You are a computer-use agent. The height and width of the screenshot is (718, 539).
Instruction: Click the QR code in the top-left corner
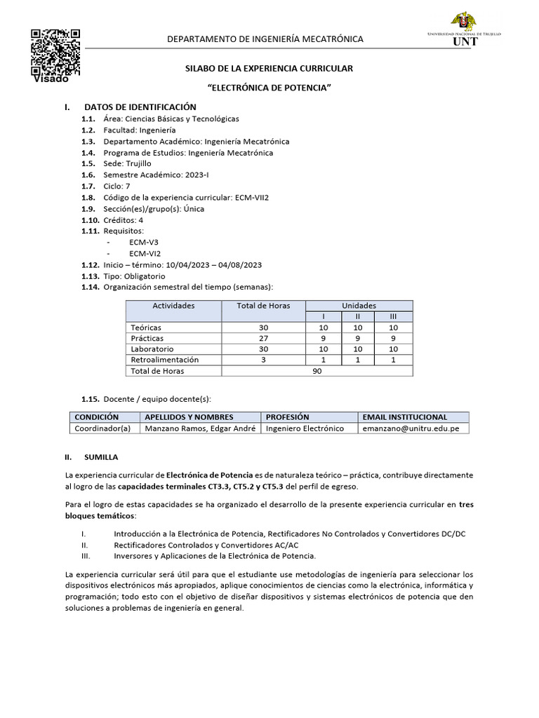[55, 52]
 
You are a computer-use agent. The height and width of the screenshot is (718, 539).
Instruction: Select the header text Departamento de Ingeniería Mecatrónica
[265, 39]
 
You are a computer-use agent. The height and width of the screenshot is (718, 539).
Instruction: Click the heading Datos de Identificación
[140, 107]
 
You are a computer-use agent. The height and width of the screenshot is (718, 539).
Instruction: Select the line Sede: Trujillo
[127, 163]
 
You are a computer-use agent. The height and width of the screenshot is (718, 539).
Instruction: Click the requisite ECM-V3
[144, 242]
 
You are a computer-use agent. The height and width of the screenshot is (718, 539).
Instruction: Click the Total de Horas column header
[264, 306]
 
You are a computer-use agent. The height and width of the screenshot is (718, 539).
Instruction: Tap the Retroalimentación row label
[165, 360]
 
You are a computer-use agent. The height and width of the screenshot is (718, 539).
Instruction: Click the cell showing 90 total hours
[317, 371]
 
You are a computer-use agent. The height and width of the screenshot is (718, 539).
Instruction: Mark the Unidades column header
[359, 306]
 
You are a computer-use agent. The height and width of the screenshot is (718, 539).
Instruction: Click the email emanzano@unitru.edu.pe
[405, 428]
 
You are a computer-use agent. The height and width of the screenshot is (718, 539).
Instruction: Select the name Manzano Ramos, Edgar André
[199, 428]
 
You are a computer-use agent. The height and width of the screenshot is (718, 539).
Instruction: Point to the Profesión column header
[287, 416]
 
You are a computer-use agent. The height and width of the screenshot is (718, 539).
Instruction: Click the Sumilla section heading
[101, 456]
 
